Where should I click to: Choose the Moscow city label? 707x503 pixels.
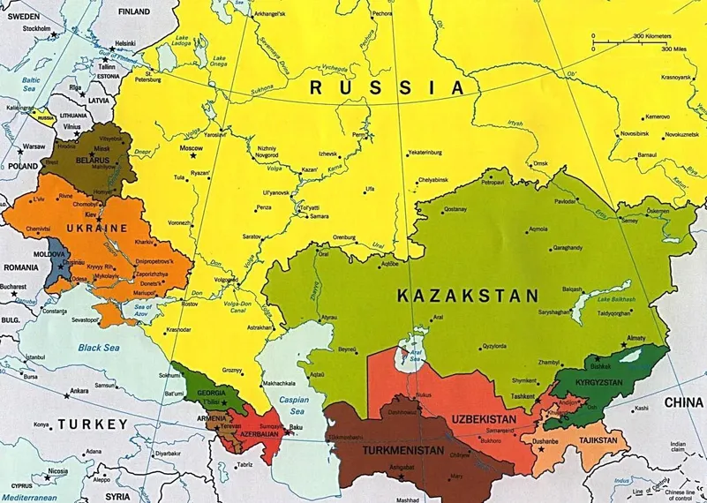192,149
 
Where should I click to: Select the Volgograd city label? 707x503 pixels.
226,280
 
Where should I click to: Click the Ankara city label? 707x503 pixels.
79,390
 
